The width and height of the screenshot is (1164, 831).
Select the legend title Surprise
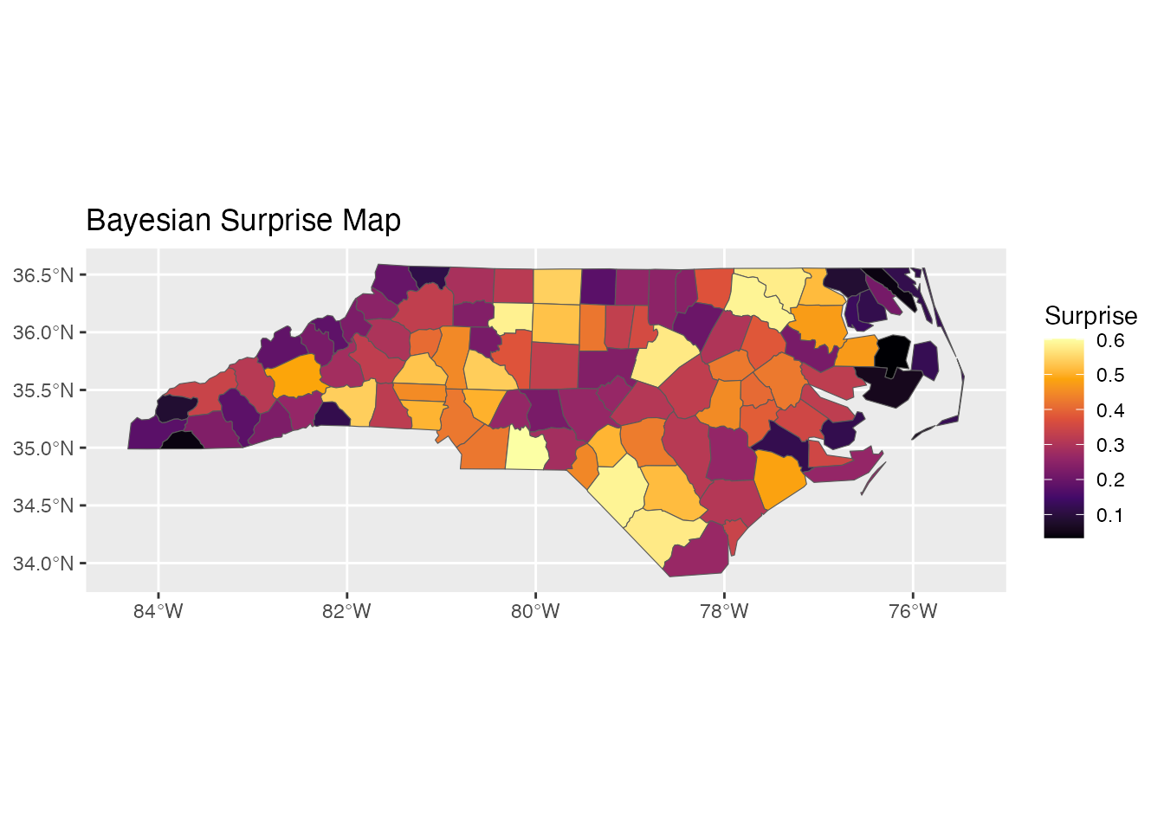[x=1090, y=315]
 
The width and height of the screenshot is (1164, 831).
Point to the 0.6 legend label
[x=1109, y=340]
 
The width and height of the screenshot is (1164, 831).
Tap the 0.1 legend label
[x=1109, y=515]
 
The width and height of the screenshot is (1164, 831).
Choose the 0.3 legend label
[x=1109, y=445]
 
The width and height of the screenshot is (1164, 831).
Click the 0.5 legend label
[x=1109, y=375]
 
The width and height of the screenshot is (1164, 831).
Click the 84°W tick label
[x=158, y=611]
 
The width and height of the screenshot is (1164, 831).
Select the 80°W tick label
[x=535, y=611]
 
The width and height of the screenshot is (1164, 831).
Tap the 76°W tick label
[x=913, y=611]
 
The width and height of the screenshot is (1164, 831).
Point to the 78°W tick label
[x=724, y=611]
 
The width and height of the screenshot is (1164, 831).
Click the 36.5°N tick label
[x=42, y=275]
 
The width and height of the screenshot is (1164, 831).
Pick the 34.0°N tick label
[x=42, y=564]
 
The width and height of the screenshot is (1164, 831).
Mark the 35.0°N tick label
[x=42, y=448]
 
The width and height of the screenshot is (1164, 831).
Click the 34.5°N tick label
[x=42, y=506]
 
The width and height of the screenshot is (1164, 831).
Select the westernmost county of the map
[x=147, y=433]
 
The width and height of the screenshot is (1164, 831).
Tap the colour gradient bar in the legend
[x=1064, y=438]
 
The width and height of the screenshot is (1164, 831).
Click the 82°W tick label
[x=346, y=611]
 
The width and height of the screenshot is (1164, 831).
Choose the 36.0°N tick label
[x=42, y=332]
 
